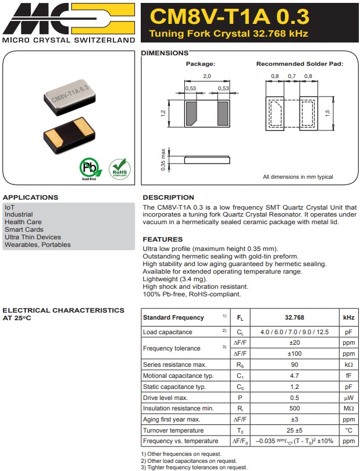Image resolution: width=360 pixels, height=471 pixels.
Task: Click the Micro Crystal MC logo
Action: tap(68, 18)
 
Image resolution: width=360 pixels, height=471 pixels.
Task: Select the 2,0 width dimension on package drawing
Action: tap(206, 76)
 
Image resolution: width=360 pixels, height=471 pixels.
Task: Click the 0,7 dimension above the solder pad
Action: tap(292, 76)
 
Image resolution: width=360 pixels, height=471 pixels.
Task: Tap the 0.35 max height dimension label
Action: tap(162, 158)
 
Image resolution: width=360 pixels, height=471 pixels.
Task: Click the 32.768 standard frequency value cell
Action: tap(294, 318)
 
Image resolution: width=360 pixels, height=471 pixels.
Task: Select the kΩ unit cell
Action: tap(348, 364)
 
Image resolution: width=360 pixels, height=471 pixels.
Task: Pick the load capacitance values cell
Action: tap(294, 332)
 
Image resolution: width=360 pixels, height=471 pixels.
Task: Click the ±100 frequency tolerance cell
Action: tap(294, 353)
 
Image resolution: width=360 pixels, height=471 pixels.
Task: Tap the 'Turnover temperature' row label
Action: tap(173, 430)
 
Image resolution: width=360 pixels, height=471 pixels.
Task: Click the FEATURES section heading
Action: tap(163, 239)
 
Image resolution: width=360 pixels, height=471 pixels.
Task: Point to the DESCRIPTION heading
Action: tap(169, 197)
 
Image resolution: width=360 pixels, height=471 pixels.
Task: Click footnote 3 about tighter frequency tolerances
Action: tap(194, 467)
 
